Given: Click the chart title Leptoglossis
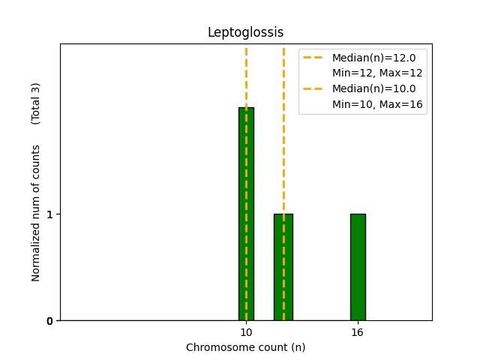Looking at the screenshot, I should point(245,32).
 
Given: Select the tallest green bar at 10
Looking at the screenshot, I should point(246,214).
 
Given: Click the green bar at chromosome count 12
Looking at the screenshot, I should point(283,267).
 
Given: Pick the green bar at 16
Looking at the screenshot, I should point(358,267).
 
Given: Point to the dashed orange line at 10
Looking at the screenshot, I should point(246,75).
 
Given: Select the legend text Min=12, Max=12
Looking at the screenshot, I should point(377,73).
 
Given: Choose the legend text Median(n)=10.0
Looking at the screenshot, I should point(368,88).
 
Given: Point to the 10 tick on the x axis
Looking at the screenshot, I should point(246,332).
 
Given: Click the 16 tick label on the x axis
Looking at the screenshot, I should point(358,332).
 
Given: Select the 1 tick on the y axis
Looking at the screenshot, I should point(49,214).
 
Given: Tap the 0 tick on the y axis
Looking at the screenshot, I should point(49,321).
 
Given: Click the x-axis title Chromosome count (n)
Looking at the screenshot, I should point(245,347).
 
